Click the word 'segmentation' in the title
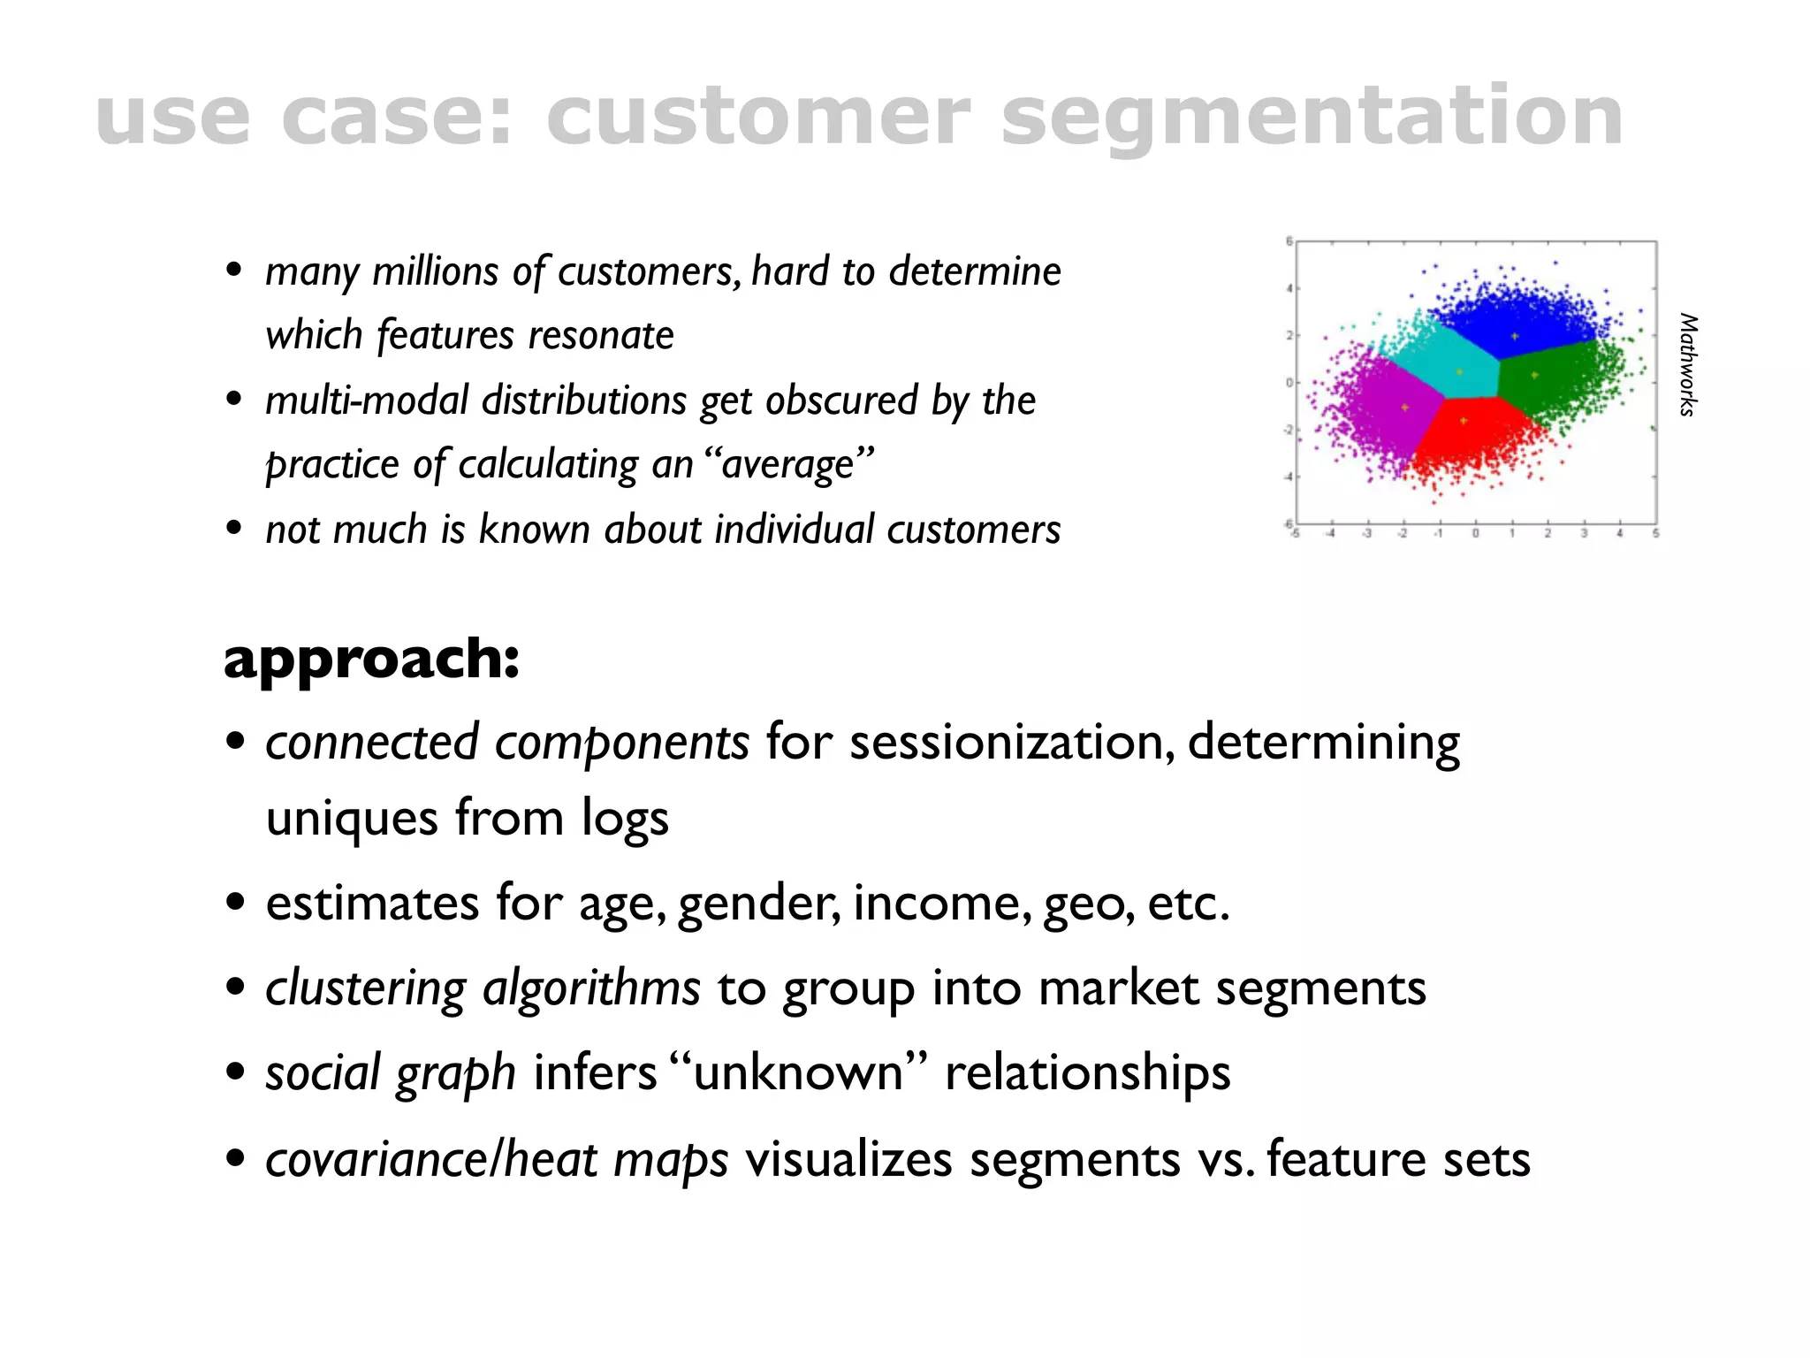1312,117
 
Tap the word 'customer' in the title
758,117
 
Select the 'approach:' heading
371,659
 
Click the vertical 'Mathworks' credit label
1688,364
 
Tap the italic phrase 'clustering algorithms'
483,988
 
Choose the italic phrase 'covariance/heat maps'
497,1160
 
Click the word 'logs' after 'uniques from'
625,819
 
